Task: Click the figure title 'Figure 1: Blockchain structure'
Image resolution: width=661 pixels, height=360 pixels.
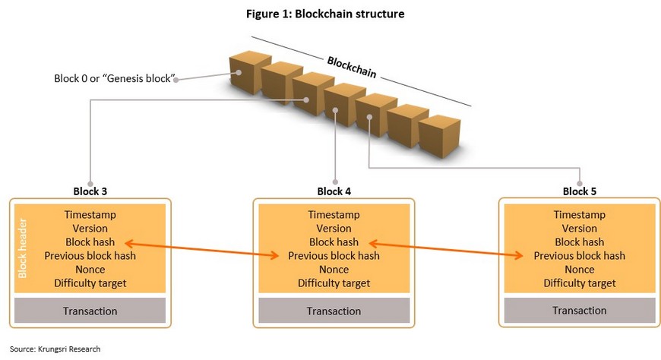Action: point(325,14)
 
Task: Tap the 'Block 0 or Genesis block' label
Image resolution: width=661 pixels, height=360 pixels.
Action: point(114,78)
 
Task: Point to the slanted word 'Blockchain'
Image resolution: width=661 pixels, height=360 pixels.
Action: point(352,68)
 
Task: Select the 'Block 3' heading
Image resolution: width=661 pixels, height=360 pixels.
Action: point(90,191)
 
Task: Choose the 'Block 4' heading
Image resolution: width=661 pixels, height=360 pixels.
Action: point(334,191)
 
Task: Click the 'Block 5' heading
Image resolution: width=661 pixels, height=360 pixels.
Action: point(580,191)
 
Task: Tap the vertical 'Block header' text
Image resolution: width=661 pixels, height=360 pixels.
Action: point(23,248)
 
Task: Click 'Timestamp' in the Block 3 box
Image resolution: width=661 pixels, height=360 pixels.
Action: point(90,215)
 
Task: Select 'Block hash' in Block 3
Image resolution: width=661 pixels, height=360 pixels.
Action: point(90,242)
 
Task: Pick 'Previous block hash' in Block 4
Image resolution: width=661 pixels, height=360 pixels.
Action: point(334,256)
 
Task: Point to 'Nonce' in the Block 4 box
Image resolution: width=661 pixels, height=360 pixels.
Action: point(334,270)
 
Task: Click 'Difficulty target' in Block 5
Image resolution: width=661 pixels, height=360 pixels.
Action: point(580,283)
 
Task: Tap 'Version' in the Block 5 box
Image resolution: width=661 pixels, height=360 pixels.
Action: point(580,229)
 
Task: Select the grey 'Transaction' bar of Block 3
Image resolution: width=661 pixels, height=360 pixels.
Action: point(90,311)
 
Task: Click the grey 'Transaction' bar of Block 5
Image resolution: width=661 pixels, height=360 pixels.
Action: point(580,311)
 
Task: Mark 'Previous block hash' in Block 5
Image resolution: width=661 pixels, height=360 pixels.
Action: point(580,256)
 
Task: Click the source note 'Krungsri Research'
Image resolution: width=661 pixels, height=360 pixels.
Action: point(69,349)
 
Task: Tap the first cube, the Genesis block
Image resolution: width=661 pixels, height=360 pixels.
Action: point(248,71)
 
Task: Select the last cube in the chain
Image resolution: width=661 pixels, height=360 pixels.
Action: point(439,136)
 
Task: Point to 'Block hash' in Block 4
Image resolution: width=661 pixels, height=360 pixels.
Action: point(334,242)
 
